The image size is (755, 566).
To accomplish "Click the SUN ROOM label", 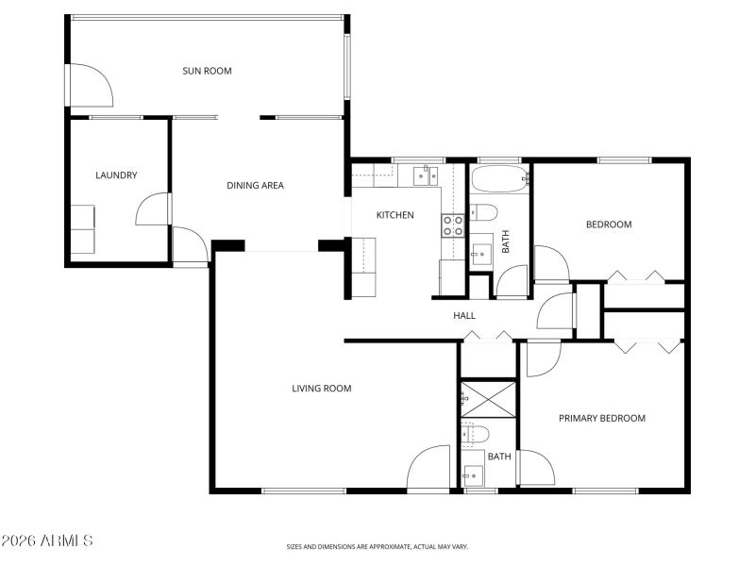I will point(207,71).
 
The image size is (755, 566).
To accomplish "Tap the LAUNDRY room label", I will point(116,175).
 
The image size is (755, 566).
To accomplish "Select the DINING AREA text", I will point(255,186).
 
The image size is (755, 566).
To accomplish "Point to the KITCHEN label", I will point(394,215).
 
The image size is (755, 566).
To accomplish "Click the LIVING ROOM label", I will point(321,388).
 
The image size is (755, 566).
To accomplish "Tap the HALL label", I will point(464,316).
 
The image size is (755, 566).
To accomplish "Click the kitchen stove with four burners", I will point(453,225).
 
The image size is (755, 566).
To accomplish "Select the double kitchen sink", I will point(422,175).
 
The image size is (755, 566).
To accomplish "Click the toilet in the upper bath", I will point(483,210).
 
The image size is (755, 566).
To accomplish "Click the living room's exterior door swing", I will point(429,467).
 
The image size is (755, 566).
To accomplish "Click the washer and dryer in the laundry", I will point(82,228).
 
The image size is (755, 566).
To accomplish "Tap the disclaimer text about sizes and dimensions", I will point(377,546).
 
